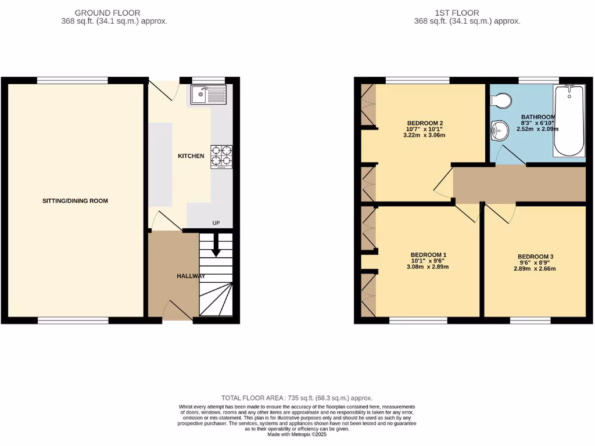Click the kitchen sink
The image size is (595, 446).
tap(208, 94)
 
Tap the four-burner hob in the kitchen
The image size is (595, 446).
tap(221, 156)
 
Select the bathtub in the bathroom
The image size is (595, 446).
tap(569, 120)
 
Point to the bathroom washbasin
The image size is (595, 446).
tap(497, 131)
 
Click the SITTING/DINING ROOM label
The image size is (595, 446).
tap(75, 201)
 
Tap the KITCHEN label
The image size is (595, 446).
tap(191, 156)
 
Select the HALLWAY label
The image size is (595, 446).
tap(191, 276)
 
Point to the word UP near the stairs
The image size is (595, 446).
tap(216, 223)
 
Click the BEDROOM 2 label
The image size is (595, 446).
tap(425, 123)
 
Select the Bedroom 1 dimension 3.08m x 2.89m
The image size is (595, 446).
tap(429, 267)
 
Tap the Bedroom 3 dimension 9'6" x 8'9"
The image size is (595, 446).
tap(535, 262)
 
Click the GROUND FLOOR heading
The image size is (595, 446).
tap(108, 13)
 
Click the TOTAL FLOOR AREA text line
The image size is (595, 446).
tap(296, 398)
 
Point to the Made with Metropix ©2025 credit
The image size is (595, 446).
tap(297, 434)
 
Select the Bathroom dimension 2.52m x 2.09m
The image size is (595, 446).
tap(537, 129)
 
